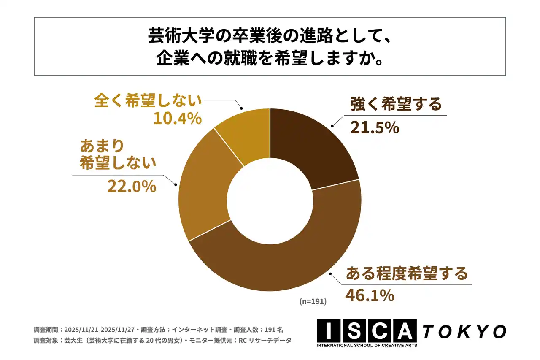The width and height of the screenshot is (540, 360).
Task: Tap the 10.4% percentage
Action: coord(177,119)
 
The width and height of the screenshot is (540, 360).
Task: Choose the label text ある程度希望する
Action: coord(407,273)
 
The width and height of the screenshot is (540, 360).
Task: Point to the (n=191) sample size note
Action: coord(313,302)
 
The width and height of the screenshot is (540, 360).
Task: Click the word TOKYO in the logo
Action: coord(464,332)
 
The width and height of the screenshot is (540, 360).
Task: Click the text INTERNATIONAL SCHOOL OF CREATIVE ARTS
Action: coord(367,346)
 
